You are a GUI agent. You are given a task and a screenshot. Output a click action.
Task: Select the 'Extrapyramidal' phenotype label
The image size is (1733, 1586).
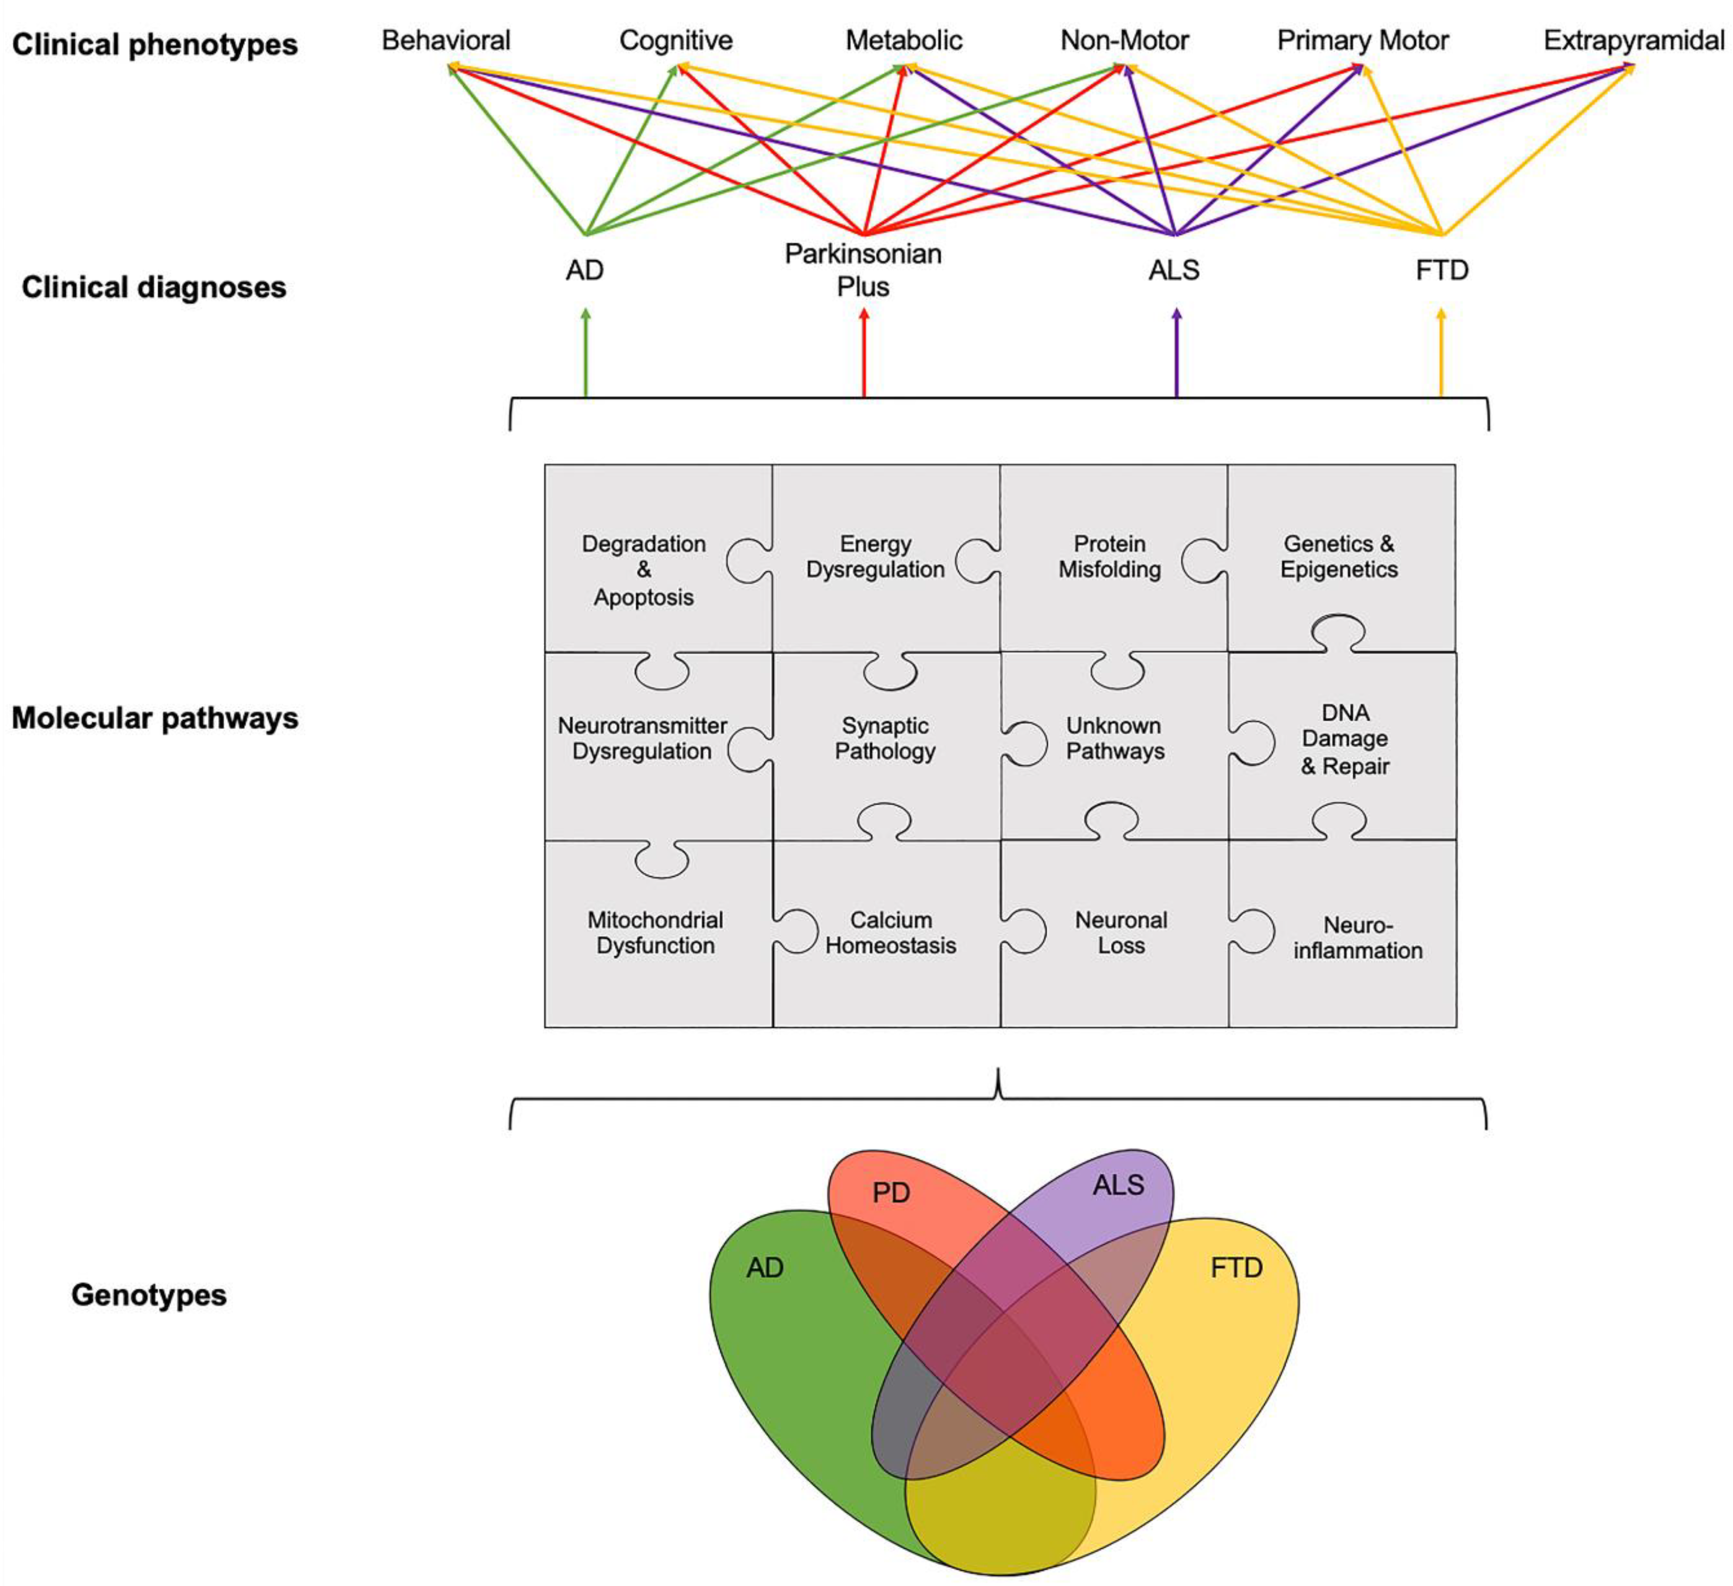1633,40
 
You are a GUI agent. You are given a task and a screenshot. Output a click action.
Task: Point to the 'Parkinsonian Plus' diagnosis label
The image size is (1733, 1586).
863,270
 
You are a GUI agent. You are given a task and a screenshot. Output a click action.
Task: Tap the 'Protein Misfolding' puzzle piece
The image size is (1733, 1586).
1110,557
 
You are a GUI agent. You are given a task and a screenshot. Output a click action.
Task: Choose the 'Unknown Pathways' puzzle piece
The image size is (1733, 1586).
1115,739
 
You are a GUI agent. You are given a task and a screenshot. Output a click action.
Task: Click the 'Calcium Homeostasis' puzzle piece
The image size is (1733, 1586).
891,933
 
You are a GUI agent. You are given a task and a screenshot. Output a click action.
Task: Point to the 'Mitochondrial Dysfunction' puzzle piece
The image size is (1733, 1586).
655,933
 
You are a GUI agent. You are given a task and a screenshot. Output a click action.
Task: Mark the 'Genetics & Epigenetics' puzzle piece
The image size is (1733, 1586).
1338,557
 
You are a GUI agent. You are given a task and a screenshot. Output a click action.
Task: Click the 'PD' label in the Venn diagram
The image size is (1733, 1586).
891,1193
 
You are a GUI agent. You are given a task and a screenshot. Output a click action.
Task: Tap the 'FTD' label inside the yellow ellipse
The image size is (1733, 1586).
1236,1267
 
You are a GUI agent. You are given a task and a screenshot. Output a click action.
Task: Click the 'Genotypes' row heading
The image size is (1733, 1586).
149,1294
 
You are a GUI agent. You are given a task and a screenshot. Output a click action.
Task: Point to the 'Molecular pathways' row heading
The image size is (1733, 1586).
155,718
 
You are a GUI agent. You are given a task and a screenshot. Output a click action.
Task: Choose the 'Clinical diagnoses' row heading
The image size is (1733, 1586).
154,287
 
